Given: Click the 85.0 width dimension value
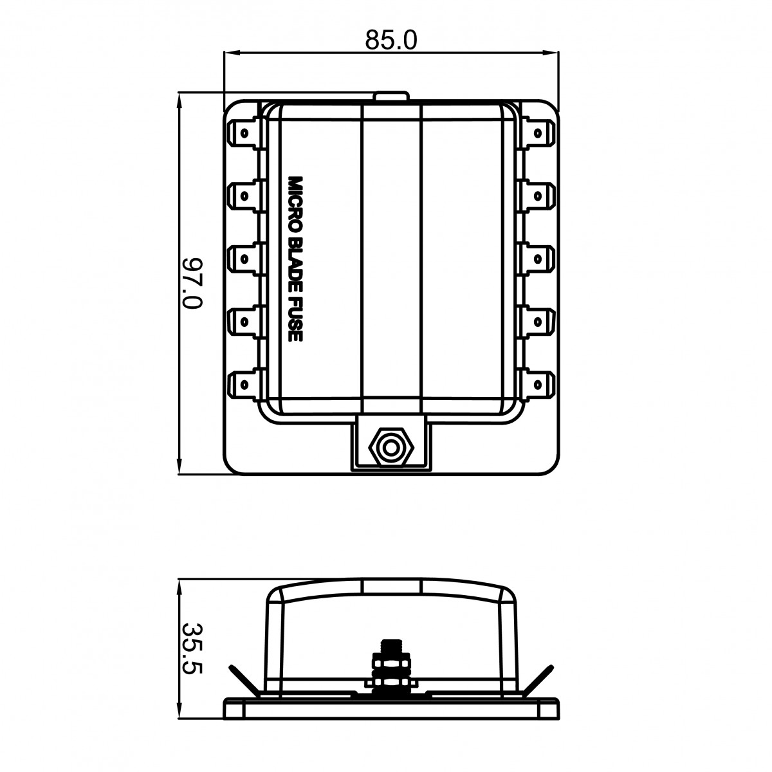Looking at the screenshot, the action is (391, 40).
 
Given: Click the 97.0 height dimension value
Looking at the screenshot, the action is (192, 283).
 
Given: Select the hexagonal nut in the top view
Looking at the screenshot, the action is (391, 448).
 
